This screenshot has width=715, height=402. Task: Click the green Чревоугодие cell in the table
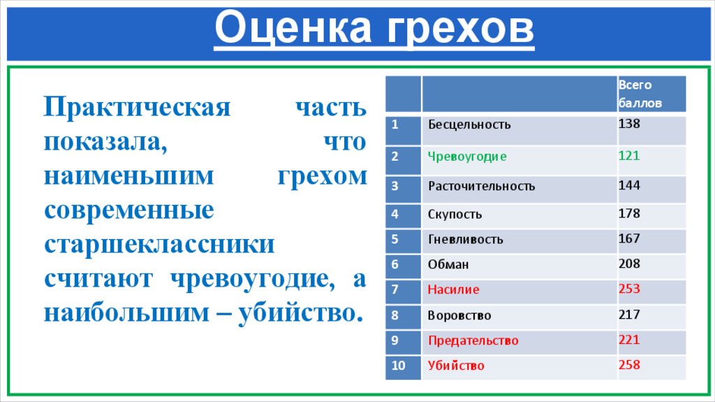point(467,157)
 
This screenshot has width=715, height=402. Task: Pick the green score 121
point(629,155)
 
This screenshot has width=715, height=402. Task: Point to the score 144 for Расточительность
point(629,185)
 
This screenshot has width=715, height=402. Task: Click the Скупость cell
point(455,215)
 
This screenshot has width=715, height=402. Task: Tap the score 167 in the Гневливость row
point(629,238)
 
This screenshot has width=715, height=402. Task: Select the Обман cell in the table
point(448,265)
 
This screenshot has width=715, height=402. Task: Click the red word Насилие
point(453,289)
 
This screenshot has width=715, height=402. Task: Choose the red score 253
point(629,289)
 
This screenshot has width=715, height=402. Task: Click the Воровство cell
point(459,315)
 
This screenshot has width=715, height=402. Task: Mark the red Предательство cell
point(473,340)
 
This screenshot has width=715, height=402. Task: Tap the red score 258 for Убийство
point(629,364)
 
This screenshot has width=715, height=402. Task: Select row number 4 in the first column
point(395,214)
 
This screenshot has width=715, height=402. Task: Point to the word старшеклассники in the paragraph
point(160,245)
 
